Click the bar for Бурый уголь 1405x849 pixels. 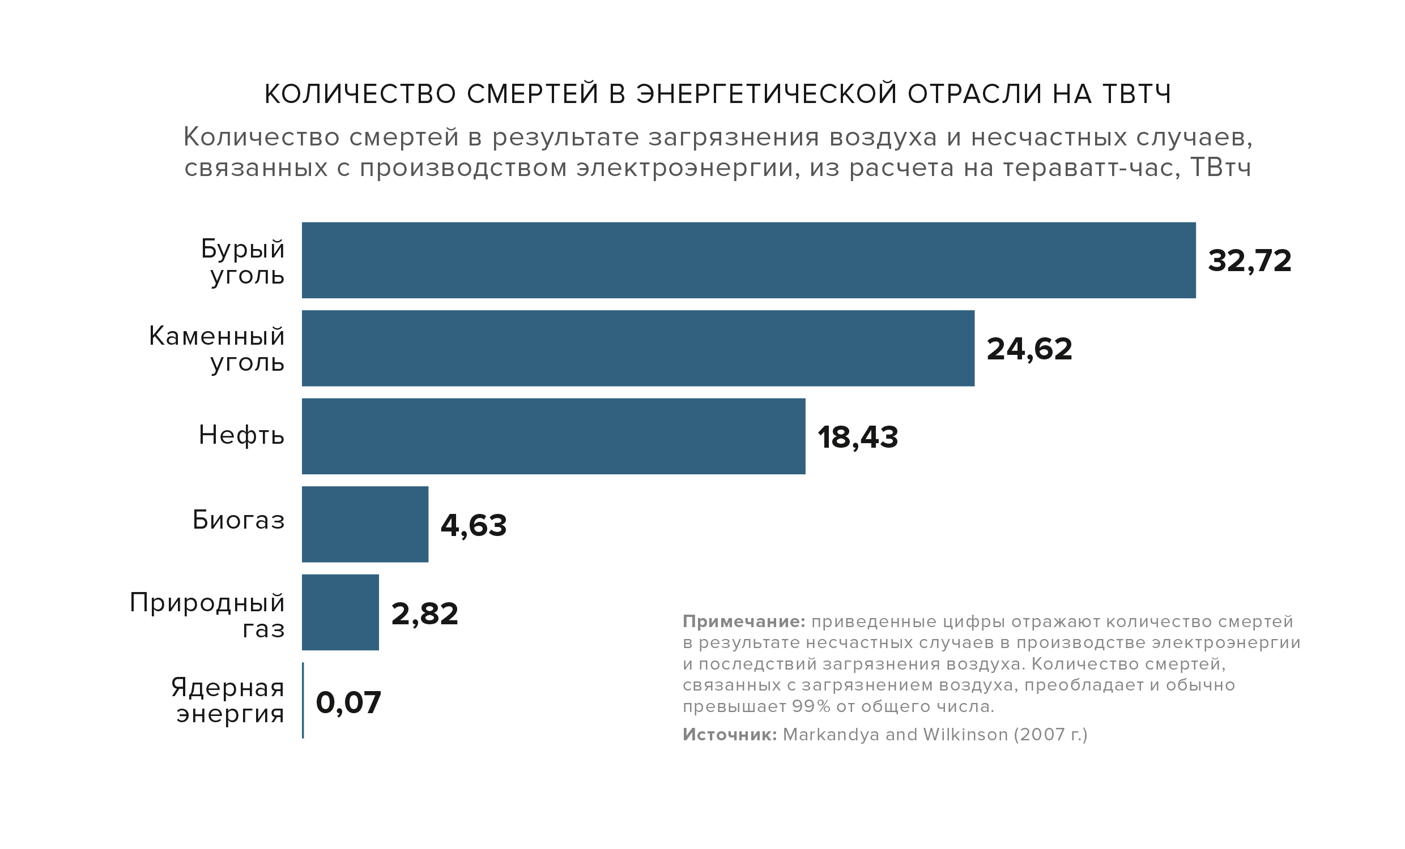click(748, 260)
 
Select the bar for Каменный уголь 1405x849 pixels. click(637, 348)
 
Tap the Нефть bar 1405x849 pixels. click(553, 436)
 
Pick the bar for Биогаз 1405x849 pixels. click(365, 524)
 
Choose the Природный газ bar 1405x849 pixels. click(340, 612)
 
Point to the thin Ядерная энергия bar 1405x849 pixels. click(303, 700)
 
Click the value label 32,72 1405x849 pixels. click(1249, 261)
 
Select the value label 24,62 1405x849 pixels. click(1029, 349)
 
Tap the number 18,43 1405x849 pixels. click(858, 437)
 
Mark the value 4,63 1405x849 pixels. click(473, 525)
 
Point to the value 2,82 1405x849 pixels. click(425, 613)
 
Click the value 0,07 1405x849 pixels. click(348, 702)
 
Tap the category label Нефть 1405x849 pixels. click(241, 435)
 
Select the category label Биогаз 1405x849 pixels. click(239, 520)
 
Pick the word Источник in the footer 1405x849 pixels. click(729, 735)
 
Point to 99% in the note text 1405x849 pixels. click(811, 706)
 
